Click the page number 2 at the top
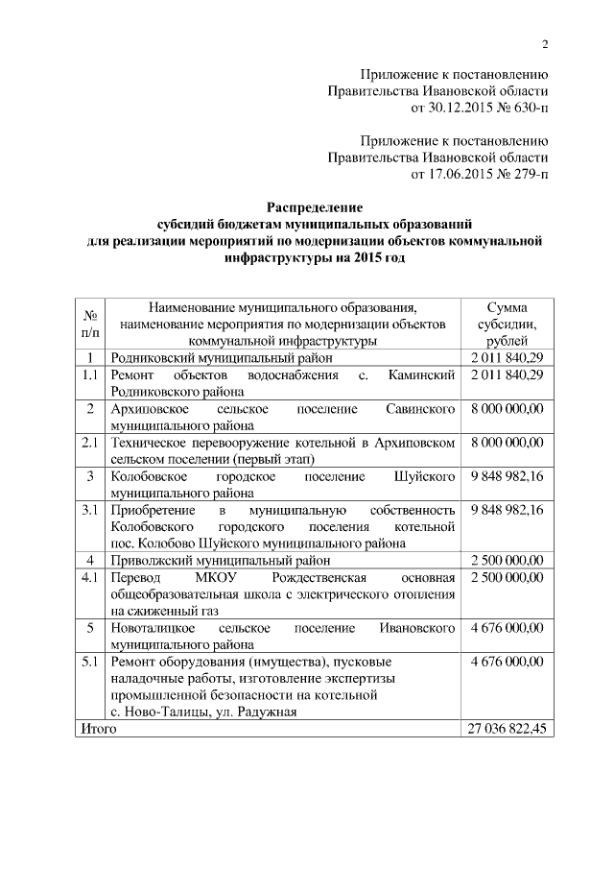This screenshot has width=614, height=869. pyautogui.click(x=544, y=44)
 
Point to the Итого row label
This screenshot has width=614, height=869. pyautogui.click(x=97, y=730)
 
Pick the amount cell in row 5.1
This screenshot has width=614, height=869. pyautogui.click(x=507, y=662)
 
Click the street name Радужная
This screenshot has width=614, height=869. pyautogui.click(x=264, y=712)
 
